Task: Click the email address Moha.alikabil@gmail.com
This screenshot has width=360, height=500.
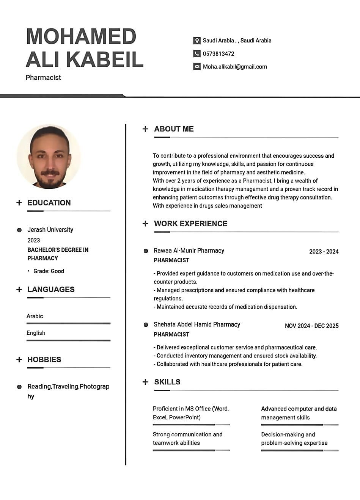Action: [x=235, y=67]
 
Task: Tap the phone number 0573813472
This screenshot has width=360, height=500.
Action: [x=219, y=54]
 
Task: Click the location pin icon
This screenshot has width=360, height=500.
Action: [x=197, y=41]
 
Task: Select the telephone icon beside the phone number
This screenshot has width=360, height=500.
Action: [x=197, y=54]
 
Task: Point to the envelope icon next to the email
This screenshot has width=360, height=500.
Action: [x=197, y=67]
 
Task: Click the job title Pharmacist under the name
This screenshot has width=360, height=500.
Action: [x=43, y=78]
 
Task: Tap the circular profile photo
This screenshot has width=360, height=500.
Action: [x=49, y=157]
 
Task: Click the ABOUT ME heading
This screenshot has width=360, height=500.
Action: [x=174, y=129]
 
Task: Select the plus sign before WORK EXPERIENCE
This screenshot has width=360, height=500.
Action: [x=145, y=224]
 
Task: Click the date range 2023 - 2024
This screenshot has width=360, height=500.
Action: [x=324, y=252]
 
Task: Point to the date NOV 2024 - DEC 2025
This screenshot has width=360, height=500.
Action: [x=311, y=326]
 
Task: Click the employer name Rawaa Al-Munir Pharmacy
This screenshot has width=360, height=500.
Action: [x=189, y=251]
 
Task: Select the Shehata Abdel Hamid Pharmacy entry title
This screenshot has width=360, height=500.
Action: [x=197, y=324]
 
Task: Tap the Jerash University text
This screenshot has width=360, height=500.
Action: [x=50, y=230]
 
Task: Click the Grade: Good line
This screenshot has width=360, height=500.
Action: [x=49, y=271]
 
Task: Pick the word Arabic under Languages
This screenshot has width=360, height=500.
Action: [x=35, y=316]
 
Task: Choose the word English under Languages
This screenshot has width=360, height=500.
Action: [x=36, y=333]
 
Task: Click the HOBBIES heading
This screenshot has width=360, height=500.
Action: [x=44, y=359]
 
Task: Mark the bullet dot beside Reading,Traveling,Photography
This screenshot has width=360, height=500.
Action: [x=19, y=387]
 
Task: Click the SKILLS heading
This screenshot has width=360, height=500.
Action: [x=167, y=382]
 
